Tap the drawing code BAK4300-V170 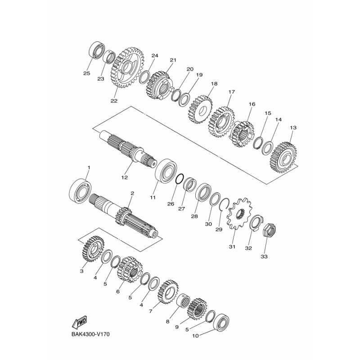(x=90, y=334)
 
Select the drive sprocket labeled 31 (x=239, y=213)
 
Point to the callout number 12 (x=125, y=177)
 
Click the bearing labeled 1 (x=80, y=191)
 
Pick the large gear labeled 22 (x=127, y=67)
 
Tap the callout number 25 (x=86, y=73)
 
